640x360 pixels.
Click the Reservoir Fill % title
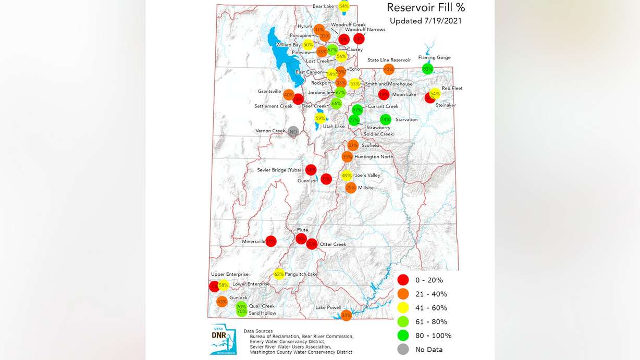click(x=425, y=8)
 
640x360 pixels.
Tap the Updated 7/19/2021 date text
click(x=425, y=21)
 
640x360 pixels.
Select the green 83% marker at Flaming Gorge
click(x=428, y=69)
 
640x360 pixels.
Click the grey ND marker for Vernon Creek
click(x=293, y=131)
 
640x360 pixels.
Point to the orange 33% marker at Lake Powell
click(x=346, y=315)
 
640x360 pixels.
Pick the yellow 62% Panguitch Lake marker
click(x=279, y=274)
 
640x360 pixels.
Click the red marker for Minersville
click(x=271, y=241)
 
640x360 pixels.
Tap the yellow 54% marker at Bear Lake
click(x=344, y=6)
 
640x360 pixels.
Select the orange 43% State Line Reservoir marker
click(x=388, y=69)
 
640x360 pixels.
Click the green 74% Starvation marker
click(x=386, y=119)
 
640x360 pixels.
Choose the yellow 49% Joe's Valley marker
click(x=347, y=176)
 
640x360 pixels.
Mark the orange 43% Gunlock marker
click(x=222, y=301)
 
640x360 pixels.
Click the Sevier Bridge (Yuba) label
click(x=280, y=170)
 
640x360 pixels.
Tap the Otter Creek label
click(x=333, y=244)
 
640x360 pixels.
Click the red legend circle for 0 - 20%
click(x=403, y=280)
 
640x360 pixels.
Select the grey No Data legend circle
click(x=403, y=349)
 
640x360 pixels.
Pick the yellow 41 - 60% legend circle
click(x=403, y=307)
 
